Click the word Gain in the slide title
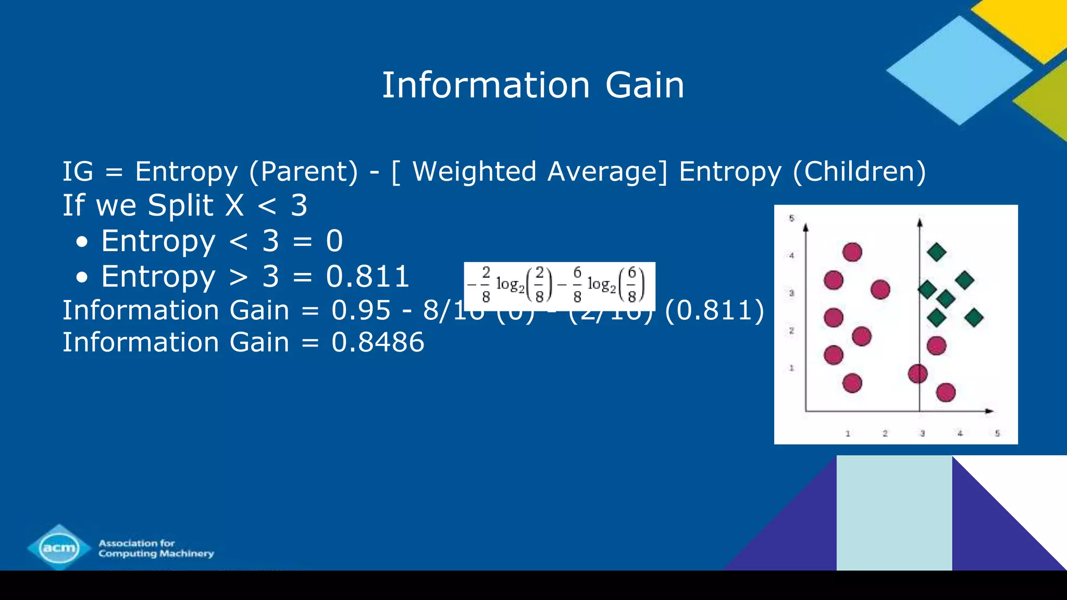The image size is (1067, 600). point(644,85)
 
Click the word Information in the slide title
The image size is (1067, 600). point(486,85)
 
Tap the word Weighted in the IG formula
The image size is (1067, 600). point(474,171)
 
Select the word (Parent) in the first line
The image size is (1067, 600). point(304,171)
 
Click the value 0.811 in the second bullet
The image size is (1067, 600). point(368,277)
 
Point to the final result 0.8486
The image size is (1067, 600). point(378,342)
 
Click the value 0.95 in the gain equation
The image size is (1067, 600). point(361,310)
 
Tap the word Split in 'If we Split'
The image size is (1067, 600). point(180,205)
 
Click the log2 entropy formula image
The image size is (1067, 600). point(559,285)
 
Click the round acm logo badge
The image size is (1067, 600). point(59,548)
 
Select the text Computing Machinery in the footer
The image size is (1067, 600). point(156,554)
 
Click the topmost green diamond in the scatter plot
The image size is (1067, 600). point(937,253)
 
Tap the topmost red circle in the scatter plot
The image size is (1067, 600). point(852,252)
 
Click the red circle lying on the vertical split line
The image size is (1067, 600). point(918,373)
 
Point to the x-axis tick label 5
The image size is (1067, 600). point(997,433)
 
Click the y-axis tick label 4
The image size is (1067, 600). point(791,256)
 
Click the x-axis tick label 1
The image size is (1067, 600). point(848,433)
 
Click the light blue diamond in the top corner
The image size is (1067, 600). point(959,70)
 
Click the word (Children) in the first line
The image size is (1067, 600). point(859,171)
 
